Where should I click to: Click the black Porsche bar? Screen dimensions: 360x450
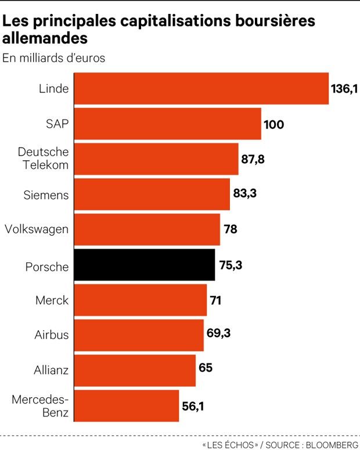click(x=145, y=265)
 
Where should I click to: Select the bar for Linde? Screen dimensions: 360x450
click(x=201, y=88)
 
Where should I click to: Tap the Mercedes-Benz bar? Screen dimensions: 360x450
click(x=127, y=406)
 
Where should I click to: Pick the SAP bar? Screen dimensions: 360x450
click(x=168, y=124)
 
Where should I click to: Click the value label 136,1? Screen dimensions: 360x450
click(x=344, y=89)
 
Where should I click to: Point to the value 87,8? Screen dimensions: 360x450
click(x=253, y=159)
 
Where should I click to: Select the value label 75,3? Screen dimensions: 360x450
click(x=231, y=265)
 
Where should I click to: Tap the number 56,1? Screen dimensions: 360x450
click(x=193, y=406)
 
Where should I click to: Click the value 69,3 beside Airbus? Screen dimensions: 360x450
click(x=218, y=333)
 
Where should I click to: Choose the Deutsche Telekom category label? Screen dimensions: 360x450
click(x=44, y=159)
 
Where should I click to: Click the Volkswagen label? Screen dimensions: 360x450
click(x=37, y=229)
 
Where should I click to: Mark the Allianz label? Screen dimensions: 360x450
click(x=51, y=370)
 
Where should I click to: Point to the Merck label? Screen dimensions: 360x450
click(x=52, y=300)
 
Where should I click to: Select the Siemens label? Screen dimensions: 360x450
click(x=46, y=195)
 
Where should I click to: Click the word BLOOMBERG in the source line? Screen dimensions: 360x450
click(x=332, y=445)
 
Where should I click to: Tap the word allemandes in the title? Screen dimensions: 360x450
click(x=45, y=38)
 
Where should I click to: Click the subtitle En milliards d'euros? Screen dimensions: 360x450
click(x=53, y=58)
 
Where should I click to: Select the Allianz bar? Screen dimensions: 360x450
click(x=135, y=370)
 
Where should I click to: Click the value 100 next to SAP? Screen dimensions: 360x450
click(x=274, y=125)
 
